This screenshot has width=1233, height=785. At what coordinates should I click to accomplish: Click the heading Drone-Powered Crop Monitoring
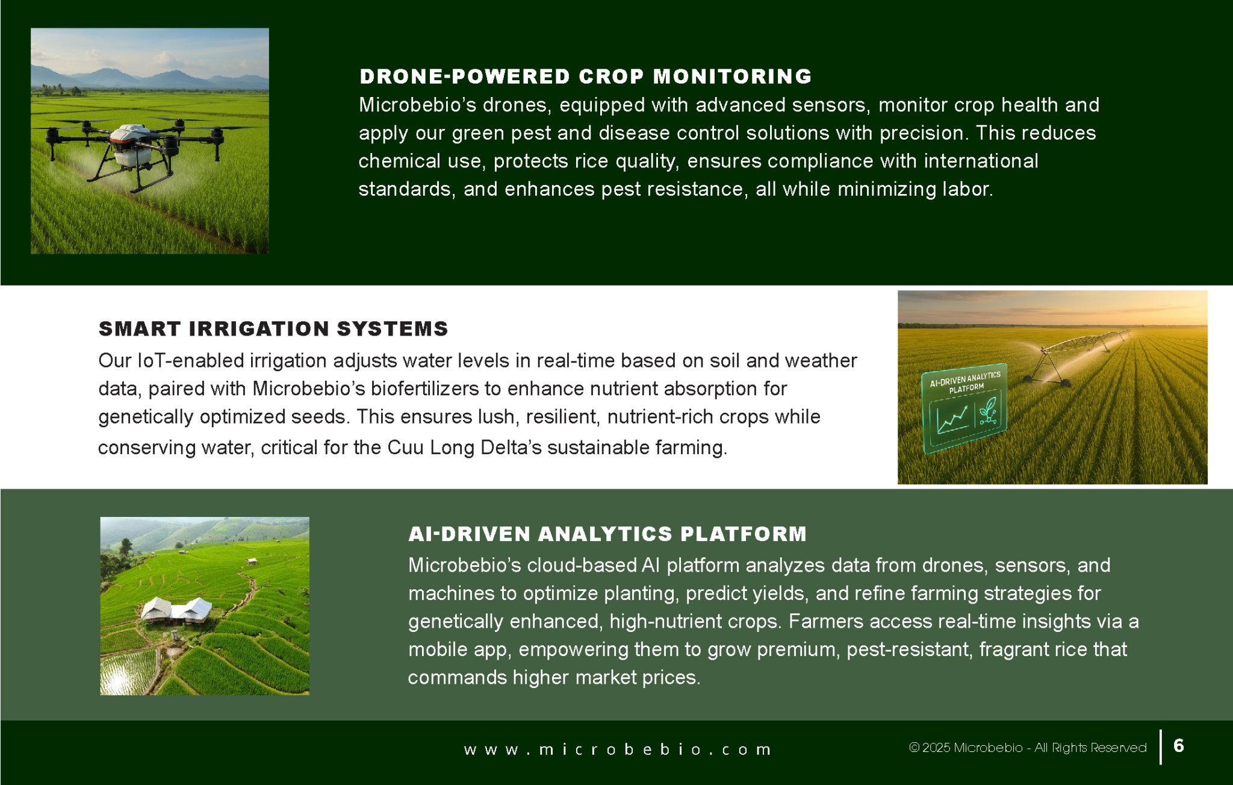pos(585,77)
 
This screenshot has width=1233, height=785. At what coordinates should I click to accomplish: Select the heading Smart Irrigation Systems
pos(273,329)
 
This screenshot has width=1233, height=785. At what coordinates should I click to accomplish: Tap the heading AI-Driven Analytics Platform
pos(607,534)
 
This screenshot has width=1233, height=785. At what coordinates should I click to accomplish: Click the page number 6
pos(1179,746)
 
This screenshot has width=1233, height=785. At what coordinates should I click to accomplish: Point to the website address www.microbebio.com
pos(617,749)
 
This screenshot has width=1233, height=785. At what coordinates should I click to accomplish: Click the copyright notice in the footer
pos(1028,748)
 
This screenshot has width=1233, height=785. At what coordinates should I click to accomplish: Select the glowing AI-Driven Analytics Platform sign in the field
pos(964,408)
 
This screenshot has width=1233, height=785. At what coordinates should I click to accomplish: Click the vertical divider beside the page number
pos(1161,747)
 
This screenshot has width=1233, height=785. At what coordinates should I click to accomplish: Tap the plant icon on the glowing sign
pos(987,410)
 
